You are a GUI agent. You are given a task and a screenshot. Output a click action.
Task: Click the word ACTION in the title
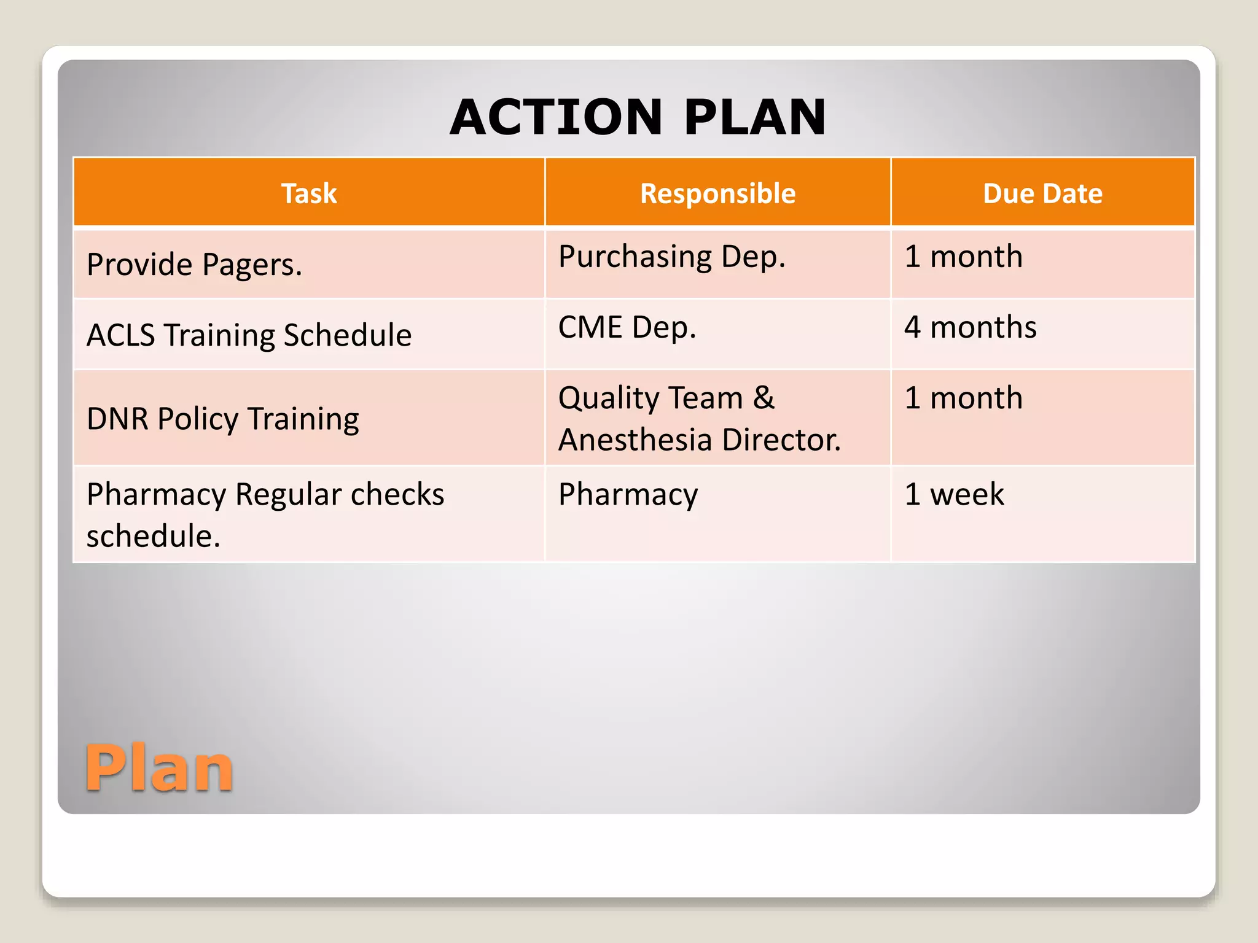click(x=556, y=117)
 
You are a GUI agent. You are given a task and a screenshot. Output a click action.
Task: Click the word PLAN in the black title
click(x=755, y=117)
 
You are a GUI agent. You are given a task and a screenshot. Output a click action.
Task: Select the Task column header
click(x=309, y=193)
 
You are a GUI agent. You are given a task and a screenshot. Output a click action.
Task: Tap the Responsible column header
click(x=717, y=193)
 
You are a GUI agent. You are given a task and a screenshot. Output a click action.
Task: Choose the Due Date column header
click(x=1042, y=193)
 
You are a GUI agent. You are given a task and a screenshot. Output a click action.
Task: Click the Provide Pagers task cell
click(x=194, y=265)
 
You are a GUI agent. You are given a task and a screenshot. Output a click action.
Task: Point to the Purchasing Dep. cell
click(x=671, y=257)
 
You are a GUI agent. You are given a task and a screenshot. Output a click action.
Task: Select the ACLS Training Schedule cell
click(x=249, y=335)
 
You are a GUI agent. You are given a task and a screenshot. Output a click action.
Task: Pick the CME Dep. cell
click(x=627, y=327)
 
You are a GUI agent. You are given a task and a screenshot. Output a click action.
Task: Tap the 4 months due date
click(x=970, y=327)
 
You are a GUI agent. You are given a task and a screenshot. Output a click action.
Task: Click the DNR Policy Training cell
click(x=222, y=419)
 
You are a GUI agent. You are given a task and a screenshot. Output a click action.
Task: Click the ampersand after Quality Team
click(x=764, y=398)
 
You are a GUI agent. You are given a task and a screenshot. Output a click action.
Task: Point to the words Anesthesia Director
click(x=699, y=440)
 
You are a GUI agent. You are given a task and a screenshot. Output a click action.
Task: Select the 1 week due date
click(x=954, y=494)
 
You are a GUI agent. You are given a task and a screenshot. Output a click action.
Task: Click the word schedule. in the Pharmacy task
click(x=153, y=536)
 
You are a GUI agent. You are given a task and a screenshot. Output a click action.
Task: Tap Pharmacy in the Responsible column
click(x=628, y=494)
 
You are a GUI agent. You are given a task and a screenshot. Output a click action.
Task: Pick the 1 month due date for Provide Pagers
click(x=963, y=257)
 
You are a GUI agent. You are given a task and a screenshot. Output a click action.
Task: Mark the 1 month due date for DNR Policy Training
click(x=963, y=398)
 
